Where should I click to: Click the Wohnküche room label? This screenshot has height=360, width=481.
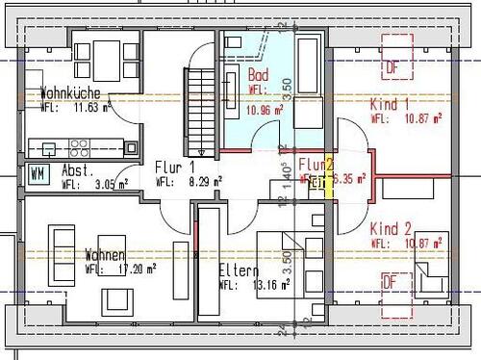(72, 94)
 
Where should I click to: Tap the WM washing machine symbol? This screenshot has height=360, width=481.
(38, 173)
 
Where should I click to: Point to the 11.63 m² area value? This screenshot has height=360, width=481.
(89, 107)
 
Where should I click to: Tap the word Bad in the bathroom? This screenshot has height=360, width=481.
(258, 75)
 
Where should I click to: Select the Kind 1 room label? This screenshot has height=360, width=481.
(391, 103)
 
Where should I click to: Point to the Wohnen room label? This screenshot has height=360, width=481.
(104, 256)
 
